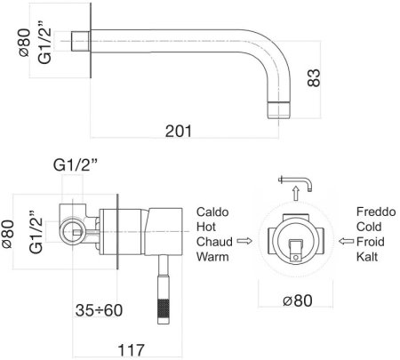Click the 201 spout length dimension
(x=179, y=131)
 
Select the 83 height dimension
(x=314, y=77)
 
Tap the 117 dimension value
(x=132, y=350)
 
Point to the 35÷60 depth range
(x=99, y=310)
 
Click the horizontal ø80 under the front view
(x=298, y=300)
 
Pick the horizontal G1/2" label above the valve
(x=76, y=165)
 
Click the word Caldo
(x=212, y=212)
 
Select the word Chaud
(x=214, y=242)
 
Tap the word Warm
(x=212, y=257)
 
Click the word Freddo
(x=376, y=212)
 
